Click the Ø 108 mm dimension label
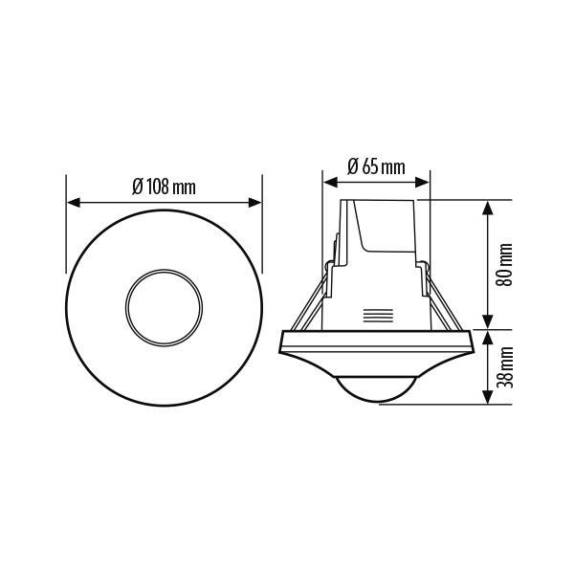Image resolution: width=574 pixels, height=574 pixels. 164,188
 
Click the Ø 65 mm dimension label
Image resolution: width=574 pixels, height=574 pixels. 376,166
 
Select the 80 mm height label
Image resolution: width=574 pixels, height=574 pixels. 504,265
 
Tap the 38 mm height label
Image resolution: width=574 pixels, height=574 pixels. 505,367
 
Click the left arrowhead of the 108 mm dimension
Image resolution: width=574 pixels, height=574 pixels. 74,203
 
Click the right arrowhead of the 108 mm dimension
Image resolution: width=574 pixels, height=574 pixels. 254,203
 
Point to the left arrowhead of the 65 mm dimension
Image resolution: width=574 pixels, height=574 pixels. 331,182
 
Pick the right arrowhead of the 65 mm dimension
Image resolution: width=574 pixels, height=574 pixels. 422,182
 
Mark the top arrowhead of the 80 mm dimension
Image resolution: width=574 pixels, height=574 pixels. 487,208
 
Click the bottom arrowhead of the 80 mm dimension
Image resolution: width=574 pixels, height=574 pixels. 487,321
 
